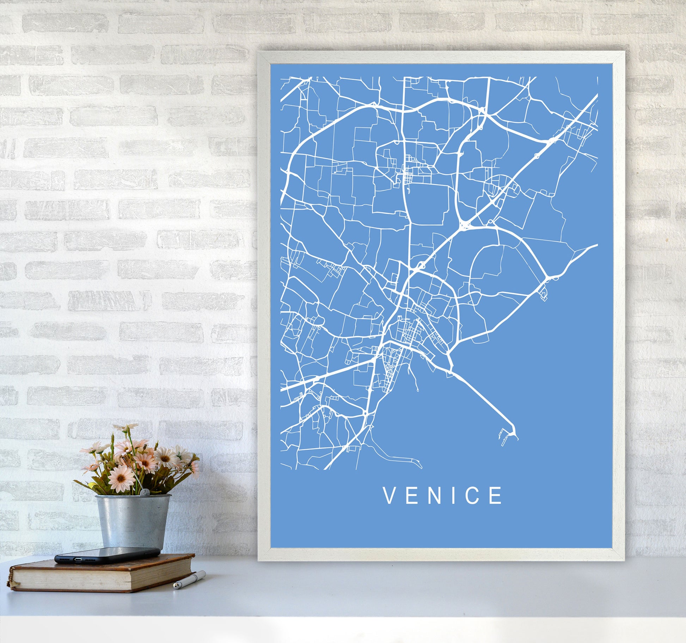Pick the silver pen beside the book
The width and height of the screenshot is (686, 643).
(189, 580)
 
